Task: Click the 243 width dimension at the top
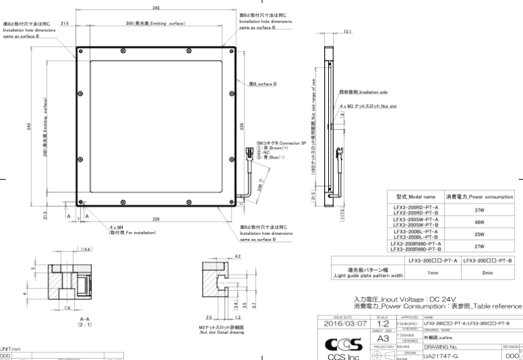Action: pyautogui.click(x=157, y=7)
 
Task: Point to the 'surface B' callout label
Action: pyautogui.click(x=262, y=84)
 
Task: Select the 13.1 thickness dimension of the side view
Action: pyautogui.click(x=347, y=31)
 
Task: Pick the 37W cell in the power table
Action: pyautogui.click(x=479, y=210)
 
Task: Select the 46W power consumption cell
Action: pyautogui.click(x=479, y=223)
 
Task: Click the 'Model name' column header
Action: pyautogui.click(x=415, y=197)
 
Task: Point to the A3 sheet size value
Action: pyautogui.click(x=382, y=340)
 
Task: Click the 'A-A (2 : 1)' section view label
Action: pyautogui.click(x=67, y=319)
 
